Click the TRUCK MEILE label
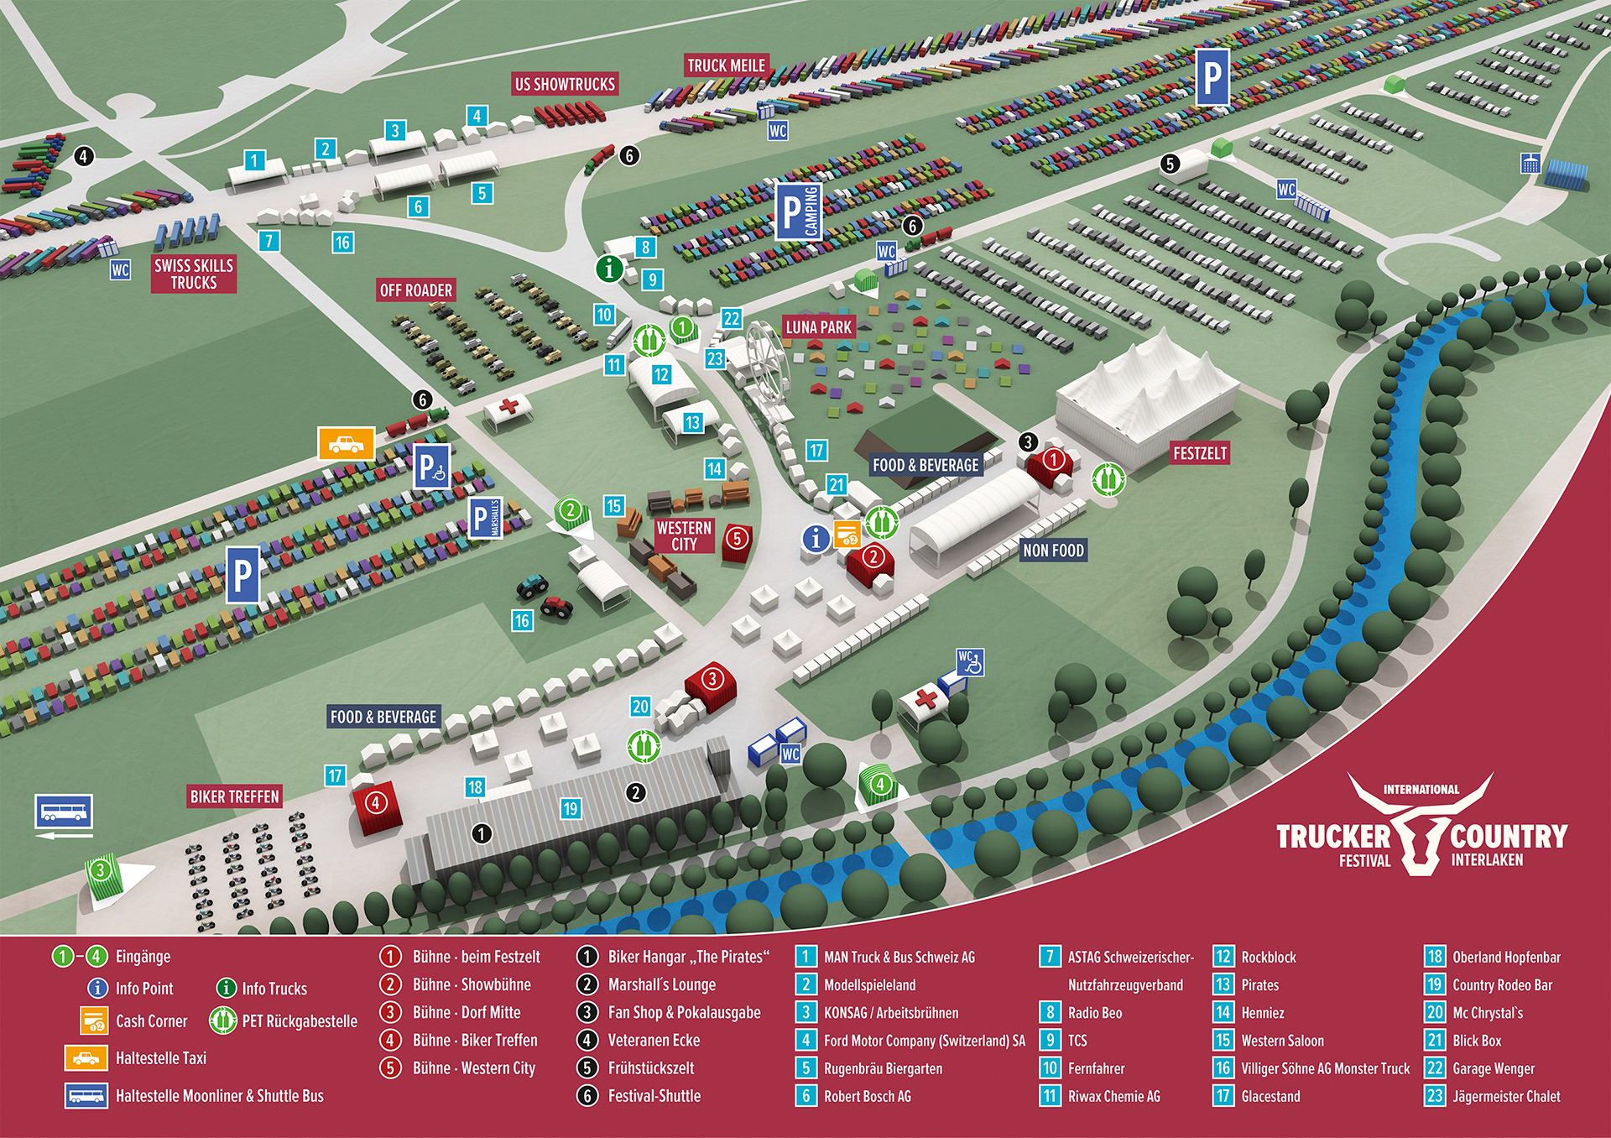726,65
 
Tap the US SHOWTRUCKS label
565,84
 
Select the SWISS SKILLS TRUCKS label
194,274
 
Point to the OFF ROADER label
416,290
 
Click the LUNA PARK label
818,327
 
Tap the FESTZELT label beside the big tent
1200,453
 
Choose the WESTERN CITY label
684,535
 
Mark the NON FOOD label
1053,551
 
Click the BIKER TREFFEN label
235,796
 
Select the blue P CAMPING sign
798,211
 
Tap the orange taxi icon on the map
346,443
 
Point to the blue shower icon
1531,164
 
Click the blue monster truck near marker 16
532,586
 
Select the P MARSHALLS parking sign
486,518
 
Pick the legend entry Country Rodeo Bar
1502,985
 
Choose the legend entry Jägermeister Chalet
1506,1097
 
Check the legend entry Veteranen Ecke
654,1041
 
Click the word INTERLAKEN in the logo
1487,860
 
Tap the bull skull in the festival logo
1420,831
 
